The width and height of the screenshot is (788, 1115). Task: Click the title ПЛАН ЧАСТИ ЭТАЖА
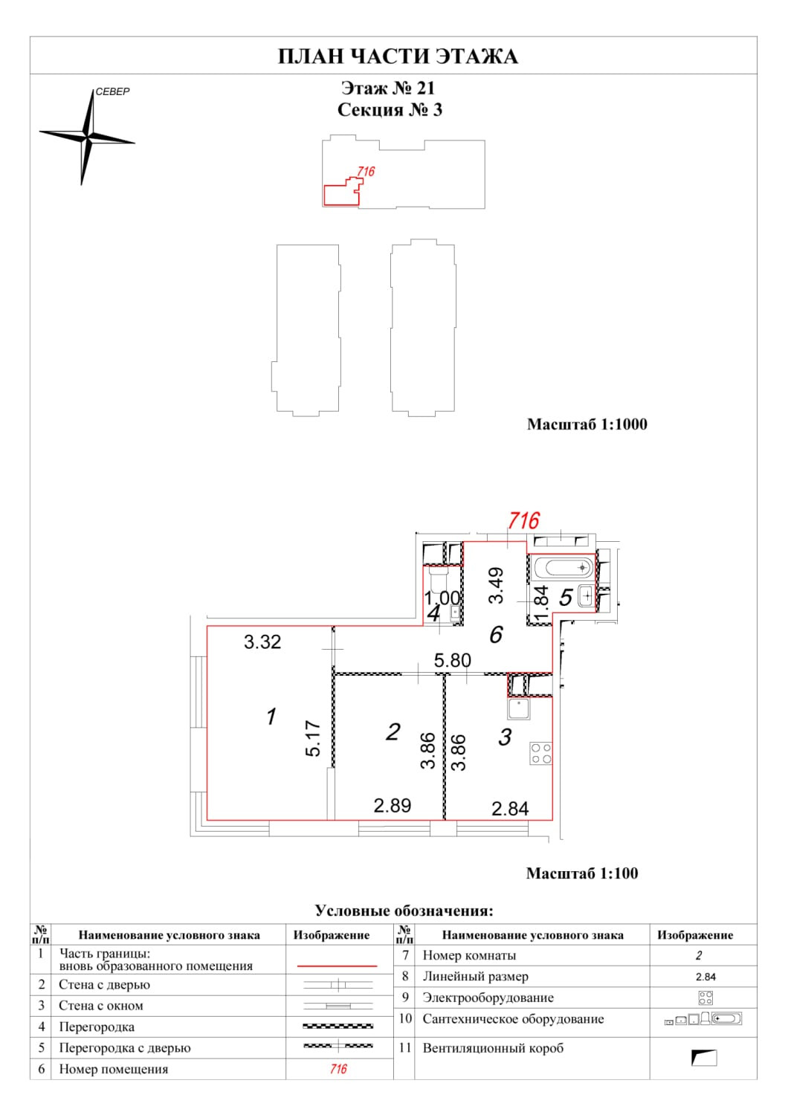398,56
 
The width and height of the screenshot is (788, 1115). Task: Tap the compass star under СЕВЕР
88,138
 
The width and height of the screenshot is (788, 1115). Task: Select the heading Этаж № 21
388,88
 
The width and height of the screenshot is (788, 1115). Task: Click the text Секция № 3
390,110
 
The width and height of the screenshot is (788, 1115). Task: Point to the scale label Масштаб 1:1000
587,424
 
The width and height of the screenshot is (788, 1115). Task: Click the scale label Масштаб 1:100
581,873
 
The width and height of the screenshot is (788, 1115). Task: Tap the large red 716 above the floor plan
523,520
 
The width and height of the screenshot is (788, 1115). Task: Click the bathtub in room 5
564,568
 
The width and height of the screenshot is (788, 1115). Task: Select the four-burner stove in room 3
540,753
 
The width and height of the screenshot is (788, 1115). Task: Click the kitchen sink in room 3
519,709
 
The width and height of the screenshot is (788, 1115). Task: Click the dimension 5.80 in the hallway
452,660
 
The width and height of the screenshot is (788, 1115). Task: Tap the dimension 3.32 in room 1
262,641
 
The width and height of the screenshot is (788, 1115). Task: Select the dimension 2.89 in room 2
392,805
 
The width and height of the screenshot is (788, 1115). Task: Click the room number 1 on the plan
272,717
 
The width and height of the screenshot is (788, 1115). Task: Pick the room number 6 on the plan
496,634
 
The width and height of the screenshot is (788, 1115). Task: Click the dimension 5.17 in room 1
313,738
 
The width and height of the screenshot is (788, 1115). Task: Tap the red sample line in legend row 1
338,966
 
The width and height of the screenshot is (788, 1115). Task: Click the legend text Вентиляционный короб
493,1048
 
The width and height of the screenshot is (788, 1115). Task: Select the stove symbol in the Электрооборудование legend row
705,998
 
